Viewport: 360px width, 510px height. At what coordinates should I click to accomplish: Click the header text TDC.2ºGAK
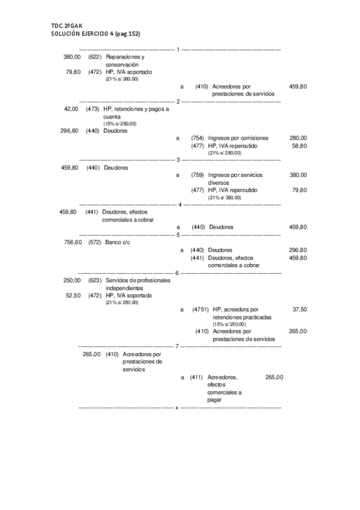click(x=66, y=25)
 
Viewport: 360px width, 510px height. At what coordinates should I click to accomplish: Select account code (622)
click(x=94, y=57)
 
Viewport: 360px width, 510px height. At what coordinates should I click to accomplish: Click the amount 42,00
click(x=71, y=109)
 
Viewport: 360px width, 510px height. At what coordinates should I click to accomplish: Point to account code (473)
click(x=93, y=109)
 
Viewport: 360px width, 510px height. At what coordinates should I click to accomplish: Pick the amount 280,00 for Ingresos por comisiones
click(x=298, y=138)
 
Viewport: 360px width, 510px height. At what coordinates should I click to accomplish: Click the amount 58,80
click(x=299, y=146)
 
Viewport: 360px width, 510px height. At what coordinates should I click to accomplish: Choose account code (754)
click(x=198, y=138)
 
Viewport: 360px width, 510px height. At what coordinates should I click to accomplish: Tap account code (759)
click(x=198, y=175)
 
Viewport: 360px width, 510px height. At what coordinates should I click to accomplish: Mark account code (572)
click(x=94, y=242)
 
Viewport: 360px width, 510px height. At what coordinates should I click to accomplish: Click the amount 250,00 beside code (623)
click(x=72, y=280)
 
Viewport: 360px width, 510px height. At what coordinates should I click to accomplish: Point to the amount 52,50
click(x=73, y=295)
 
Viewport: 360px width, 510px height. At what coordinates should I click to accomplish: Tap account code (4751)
click(x=201, y=309)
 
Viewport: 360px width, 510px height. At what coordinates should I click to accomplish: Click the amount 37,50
click(x=299, y=309)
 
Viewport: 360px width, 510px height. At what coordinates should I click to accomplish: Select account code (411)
click(x=196, y=378)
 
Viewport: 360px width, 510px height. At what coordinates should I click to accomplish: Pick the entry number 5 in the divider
click(x=178, y=235)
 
